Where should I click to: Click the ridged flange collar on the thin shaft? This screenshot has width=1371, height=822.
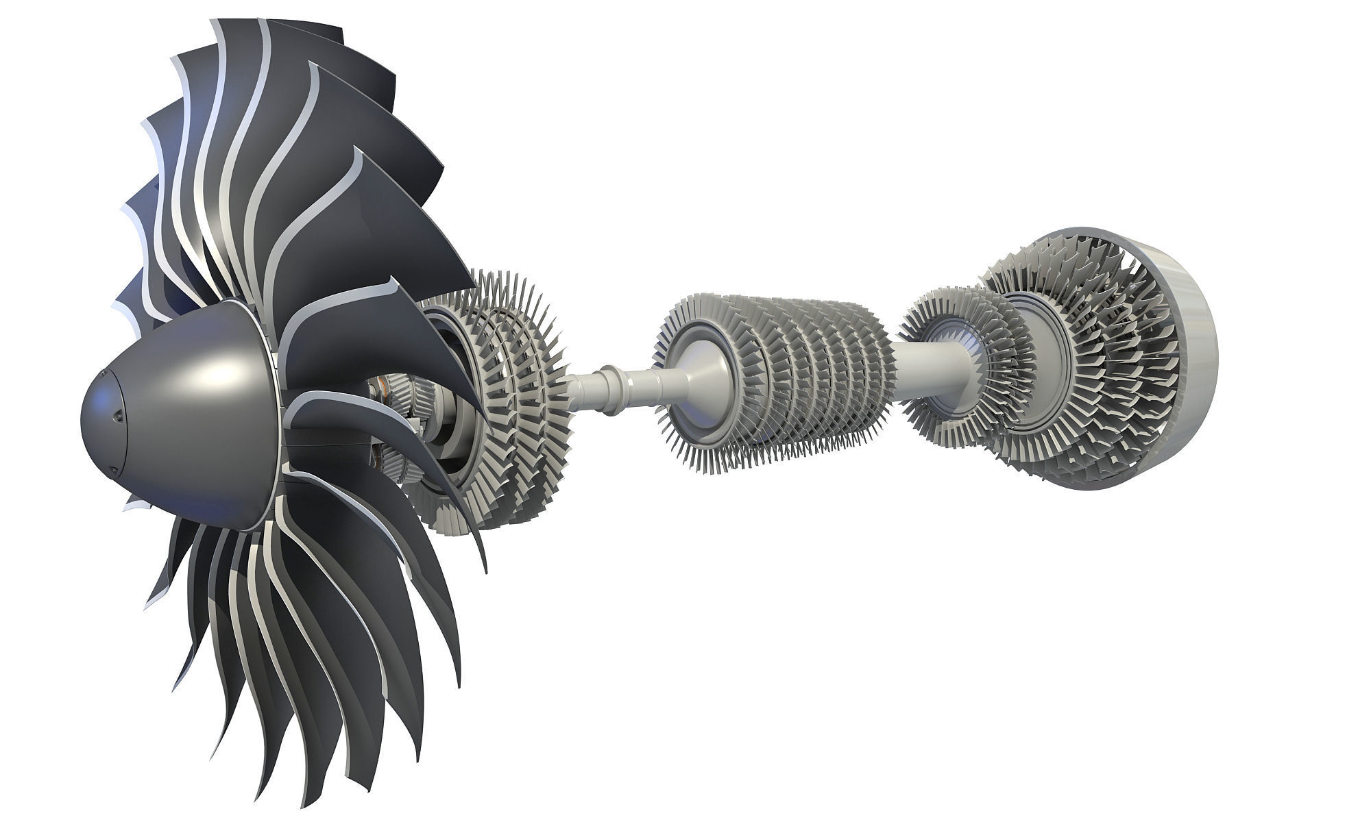(606, 390)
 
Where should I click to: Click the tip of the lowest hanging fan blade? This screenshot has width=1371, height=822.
(302, 801)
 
